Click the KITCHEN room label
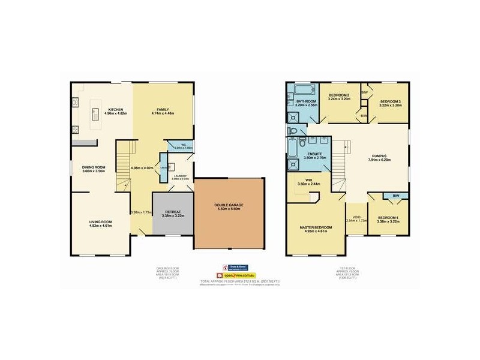(116, 109)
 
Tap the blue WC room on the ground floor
(180, 146)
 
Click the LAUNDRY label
(180, 175)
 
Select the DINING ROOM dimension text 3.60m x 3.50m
(94, 172)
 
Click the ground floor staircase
(124, 162)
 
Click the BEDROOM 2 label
(339, 95)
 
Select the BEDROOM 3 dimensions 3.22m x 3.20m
(391, 106)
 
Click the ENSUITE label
(316, 154)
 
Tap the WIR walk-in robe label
(307, 180)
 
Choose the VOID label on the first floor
(355, 217)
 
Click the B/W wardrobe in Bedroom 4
(395, 196)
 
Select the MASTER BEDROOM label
(315, 227)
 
